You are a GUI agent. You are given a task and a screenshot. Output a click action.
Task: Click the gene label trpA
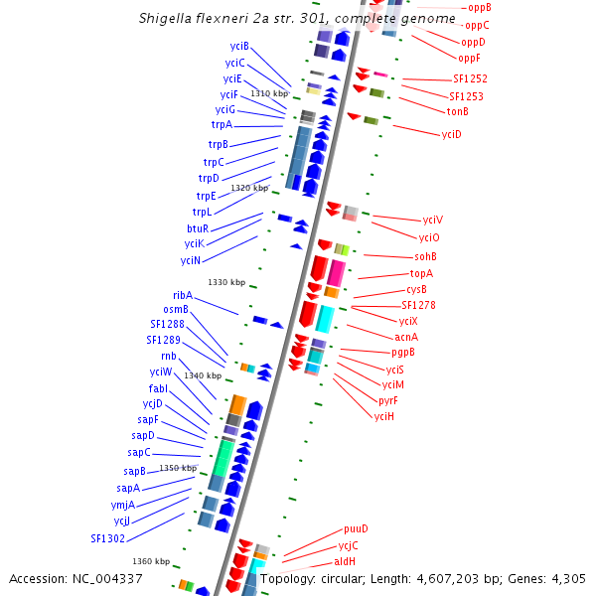(221, 125)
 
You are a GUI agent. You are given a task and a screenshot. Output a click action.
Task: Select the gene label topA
(421, 273)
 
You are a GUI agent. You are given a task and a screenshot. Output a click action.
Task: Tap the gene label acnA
(406, 337)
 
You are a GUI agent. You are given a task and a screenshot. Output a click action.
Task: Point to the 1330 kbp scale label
(225, 282)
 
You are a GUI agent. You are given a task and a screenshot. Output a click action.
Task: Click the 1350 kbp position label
(179, 468)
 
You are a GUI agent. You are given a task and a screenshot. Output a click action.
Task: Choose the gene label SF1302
(107, 538)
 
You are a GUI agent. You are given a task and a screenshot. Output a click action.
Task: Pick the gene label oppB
(479, 8)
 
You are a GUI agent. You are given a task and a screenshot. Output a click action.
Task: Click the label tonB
(457, 112)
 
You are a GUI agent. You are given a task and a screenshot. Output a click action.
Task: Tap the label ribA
(183, 295)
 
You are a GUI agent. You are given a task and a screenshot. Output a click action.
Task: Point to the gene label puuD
(356, 529)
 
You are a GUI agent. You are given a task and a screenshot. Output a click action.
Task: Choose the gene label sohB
(425, 256)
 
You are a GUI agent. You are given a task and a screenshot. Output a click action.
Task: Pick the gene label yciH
(383, 416)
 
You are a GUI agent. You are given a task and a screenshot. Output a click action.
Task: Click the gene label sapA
(128, 488)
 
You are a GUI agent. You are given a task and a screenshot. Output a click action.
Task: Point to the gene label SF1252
(470, 78)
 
